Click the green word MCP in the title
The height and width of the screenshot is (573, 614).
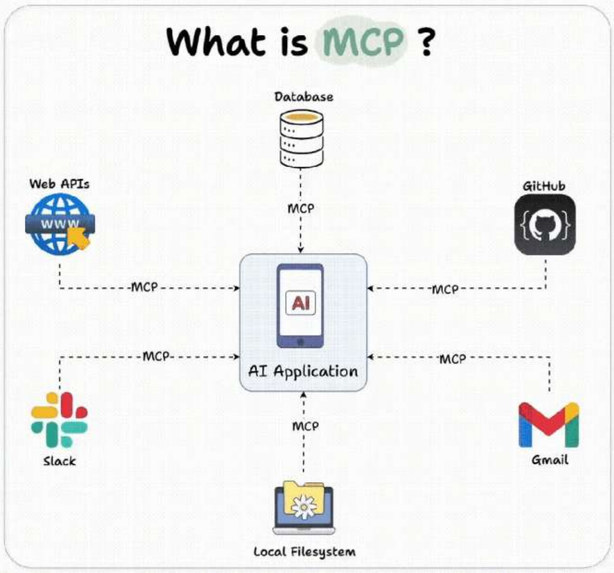pyautogui.click(x=363, y=42)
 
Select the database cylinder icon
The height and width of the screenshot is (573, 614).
pyautogui.click(x=301, y=138)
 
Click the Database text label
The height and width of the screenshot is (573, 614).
pyautogui.click(x=304, y=97)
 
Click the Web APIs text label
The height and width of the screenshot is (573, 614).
pyautogui.click(x=59, y=184)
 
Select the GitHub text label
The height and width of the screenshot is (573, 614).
pyautogui.click(x=544, y=186)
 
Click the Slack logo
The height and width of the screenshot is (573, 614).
pyautogui.click(x=59, y=420)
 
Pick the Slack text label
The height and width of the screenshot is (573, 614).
pyautogui.click(x=59, y=461)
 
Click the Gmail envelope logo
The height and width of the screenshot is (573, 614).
pyautogui.click(x=549, y=425)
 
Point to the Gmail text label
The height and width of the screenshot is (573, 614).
pyautogui.click(x=550, y=460)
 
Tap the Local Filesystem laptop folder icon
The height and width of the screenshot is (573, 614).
pyautogui.click(x=304, y=508)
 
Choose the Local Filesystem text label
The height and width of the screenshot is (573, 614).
pyautogui.click(x=305, y=551)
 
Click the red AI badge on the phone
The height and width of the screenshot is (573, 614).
pyautogui.click(x=300, y=303)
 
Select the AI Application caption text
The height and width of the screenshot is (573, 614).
pyautogui.click(x=303, y=371)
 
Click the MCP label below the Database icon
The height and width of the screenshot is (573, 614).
pyautogui.click(x=301, y=209)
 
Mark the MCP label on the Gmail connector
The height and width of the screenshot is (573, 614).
pyautogui.click(x=453, y=359)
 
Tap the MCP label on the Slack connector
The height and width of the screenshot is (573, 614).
pyautogui.click(x=156, y=357)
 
